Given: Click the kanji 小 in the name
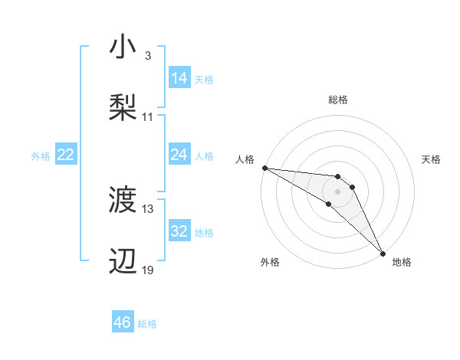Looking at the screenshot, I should click(123, 47).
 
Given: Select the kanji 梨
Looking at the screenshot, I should click(123, 106).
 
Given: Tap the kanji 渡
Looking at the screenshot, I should click(123, 201).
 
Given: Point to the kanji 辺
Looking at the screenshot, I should click(123, 260).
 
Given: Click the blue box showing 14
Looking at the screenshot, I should click(179, 78).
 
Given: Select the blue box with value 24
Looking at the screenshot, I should click(179, 155).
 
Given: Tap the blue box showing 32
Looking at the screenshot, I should click(179, 231).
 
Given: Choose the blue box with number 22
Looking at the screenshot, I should click(66, 155).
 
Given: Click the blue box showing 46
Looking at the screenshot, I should click(123, 322).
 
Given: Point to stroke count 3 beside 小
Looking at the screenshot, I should click(148, 57).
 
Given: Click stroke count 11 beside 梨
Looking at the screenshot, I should click(148, 117).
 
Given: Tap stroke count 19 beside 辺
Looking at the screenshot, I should click(148, 270).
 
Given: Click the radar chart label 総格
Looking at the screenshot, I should click(338, 100).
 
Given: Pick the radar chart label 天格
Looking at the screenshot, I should click(432, 159).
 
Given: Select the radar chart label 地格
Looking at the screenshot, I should click(402, 262).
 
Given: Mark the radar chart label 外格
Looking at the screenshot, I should click(270, 262).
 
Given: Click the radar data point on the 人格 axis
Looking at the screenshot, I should click(264, 168).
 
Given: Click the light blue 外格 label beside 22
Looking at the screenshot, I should click(41, 155).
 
